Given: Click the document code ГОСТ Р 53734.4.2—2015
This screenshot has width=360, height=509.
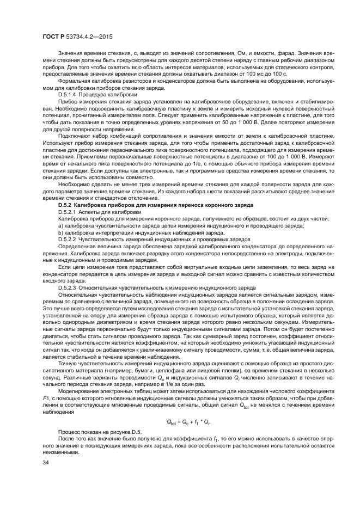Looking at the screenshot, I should pos(82,38).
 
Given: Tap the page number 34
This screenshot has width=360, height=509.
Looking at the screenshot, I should pos(46,462).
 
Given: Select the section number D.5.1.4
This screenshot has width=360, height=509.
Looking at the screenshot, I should pos(70,94).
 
